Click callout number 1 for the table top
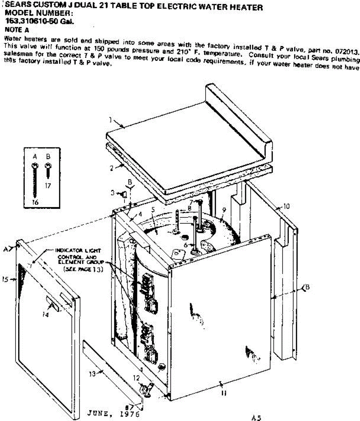pyautogui.click(x=110, y=120)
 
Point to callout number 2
pyautogui.click(x=111, y=168)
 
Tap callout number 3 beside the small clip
pyautogui.click(x=113, y=193)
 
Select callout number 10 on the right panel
pyautogui.click(x=286, y=206)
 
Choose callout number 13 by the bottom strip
pyautogui.click(x=92, y=374)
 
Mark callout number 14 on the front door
pyautogui.click(x=45, y=315)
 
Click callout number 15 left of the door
pyautogui.click(x=5, y=279)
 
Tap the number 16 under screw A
pyautogui.click(x=35, y=202)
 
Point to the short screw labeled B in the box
pyautogui.click(x=48, y=170)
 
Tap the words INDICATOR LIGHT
pyautogui.click(x=78, y=250)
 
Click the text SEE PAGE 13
pyautogui.click(x=83, y=269)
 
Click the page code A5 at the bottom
pyautogui.click(x=256, y=417)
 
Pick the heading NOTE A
pyautogui.click(x=17, y=30)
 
